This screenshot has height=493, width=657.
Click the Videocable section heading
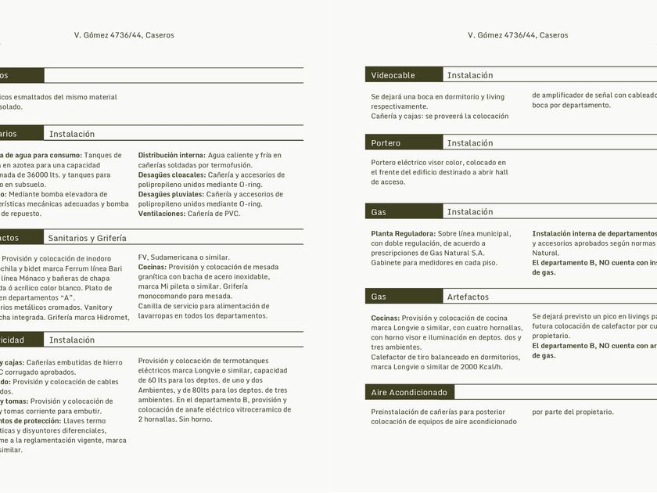point(393,75)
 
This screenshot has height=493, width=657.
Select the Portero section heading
point(386,143)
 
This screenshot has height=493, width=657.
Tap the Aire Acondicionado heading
point(409,392)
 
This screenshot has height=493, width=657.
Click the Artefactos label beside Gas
point(468,297)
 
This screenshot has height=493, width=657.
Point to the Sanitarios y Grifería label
point(87,238)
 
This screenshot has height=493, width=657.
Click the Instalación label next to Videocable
point(470,75)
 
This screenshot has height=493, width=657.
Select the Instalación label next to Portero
point(470,143)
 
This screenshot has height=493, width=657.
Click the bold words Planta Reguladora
point(403,233)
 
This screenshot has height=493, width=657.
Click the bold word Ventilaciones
point(161,214)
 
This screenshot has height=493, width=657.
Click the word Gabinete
point(387,262)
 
